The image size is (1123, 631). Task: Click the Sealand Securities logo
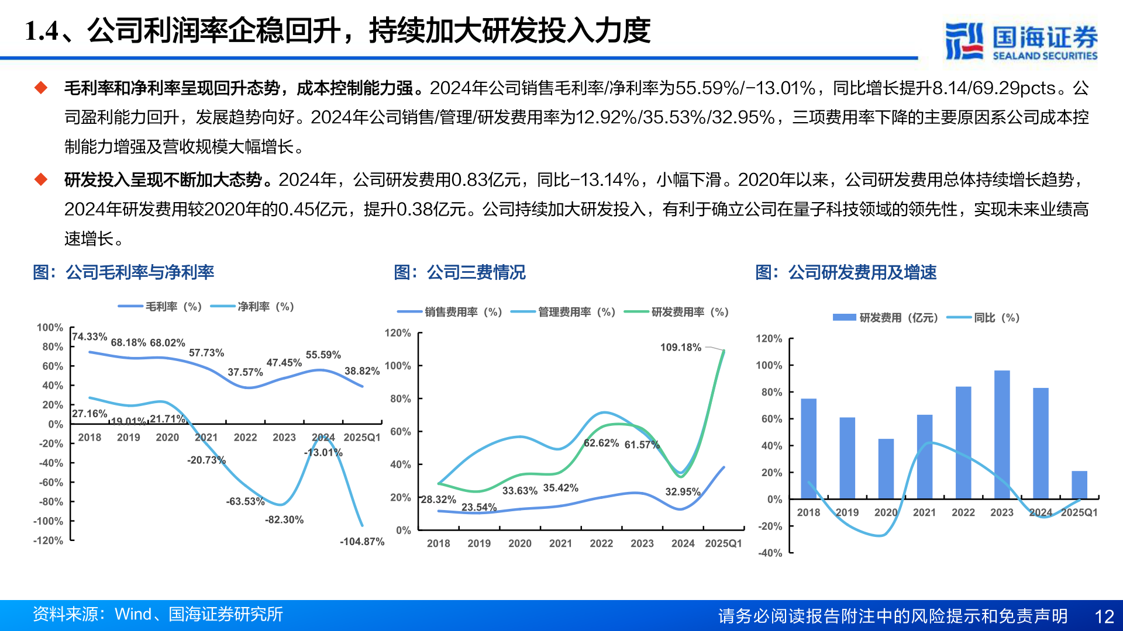click(1021, 41)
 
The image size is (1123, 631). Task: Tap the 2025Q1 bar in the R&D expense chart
click(1079, 484)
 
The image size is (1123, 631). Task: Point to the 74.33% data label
click(89, 337)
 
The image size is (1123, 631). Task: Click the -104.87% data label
click(361, 542)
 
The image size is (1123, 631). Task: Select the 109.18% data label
click(680, 347)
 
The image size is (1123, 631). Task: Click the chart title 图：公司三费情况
click(459, 272)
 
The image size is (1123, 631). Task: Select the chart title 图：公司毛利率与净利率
click(123, 272)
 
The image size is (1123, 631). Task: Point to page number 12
click(1104, 616)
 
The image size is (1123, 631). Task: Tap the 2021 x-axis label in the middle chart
click(560, 543)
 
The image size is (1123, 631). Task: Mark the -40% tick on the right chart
click(770, 553)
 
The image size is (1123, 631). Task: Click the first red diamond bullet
click(40, 88)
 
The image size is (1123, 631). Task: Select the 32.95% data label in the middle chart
click(682, 492)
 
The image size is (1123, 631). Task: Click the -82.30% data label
click(284, 519)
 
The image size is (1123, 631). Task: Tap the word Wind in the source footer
click(133, 614)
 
